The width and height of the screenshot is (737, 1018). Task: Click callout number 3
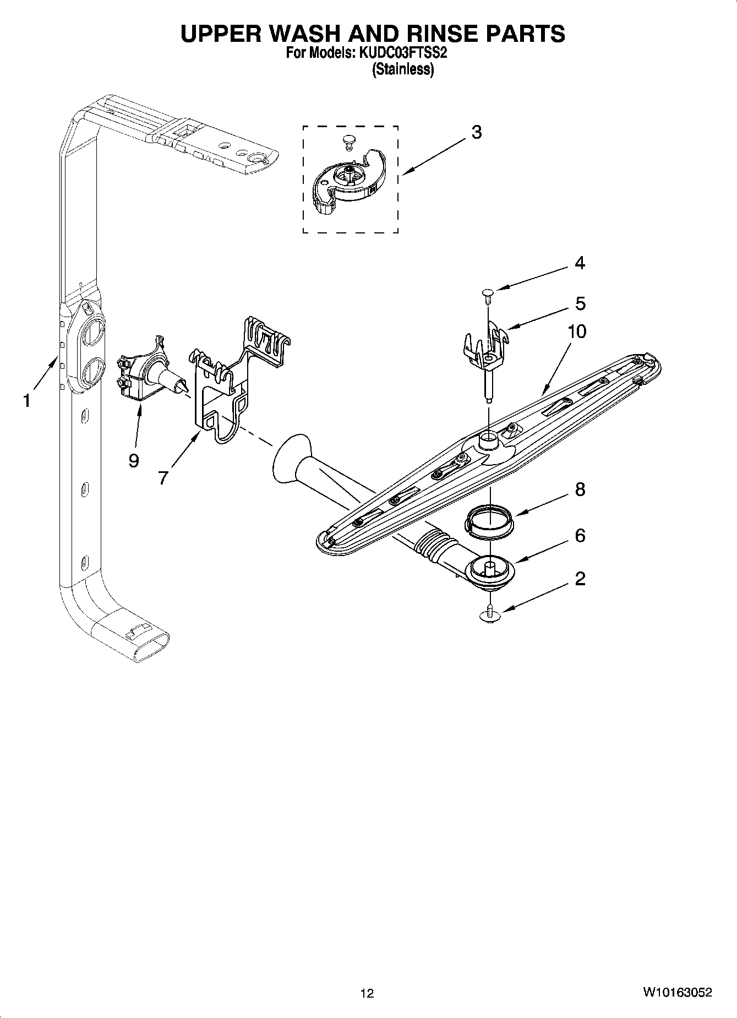[477, 132]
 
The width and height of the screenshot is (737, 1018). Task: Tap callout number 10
[577, 331]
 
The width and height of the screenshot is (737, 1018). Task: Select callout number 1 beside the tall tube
[26, 401]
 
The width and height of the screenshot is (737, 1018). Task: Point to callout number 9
[134, 460]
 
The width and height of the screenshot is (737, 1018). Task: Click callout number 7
[163, 477]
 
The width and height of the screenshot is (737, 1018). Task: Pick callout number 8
[580, 489]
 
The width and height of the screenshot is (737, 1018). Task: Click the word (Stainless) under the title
[403, 70]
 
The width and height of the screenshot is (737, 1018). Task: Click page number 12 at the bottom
[367, 993]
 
